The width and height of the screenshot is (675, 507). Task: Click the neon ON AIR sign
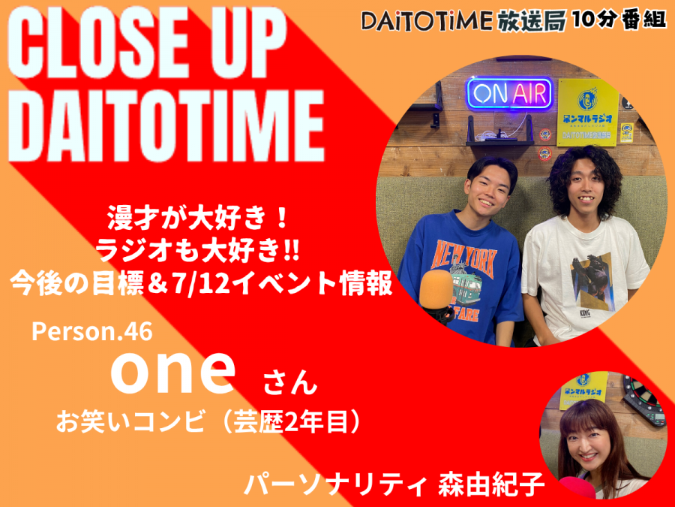pos(510,93)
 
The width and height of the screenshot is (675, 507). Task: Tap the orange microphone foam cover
pos(436,289)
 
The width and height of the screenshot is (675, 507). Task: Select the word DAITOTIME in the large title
pos(166,125)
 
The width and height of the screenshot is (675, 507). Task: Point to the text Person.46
pos(92,332)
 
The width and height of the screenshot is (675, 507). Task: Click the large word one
pos(173,371)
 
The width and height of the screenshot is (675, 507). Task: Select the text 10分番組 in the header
pos(619,20)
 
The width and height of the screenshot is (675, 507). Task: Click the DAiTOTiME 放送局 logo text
pos(463,21)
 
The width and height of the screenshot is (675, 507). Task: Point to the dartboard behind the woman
pos(643,400)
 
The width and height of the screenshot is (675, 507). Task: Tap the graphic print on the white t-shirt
pos(592,281)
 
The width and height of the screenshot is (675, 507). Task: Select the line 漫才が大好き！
pos(197,219)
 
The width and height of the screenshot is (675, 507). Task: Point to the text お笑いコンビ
pos(130,422)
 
